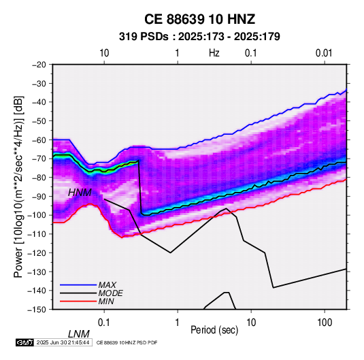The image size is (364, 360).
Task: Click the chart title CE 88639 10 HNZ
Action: (199, 19)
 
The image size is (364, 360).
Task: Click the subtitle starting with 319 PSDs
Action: (199, 37)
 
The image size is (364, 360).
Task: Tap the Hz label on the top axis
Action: (214, 53)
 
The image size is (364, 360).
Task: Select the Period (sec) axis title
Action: (214, 330)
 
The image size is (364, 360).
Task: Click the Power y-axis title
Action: (18, 187)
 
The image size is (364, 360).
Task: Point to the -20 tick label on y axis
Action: (39, 65)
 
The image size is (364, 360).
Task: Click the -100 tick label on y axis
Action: (37, 215)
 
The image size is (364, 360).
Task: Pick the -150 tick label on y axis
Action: (37, 310)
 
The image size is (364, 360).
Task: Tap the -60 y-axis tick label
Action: (39, 140)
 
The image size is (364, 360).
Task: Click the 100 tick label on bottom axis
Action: (325, 323)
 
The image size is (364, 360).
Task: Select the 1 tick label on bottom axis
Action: (178, 323)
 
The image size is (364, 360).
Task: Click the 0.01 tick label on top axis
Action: (324, 53)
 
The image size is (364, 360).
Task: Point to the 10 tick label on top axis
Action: (104, 53)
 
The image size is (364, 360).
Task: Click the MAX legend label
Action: (107, 284)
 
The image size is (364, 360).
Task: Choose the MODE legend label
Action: (110, 293)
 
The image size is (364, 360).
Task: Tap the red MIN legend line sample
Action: (78, 301)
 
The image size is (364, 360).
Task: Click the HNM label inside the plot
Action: (80, 193)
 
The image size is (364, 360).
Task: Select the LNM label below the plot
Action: (79, 334)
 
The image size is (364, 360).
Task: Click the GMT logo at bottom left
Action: (25, 342)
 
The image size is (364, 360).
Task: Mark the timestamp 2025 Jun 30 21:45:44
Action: (63, 342)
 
